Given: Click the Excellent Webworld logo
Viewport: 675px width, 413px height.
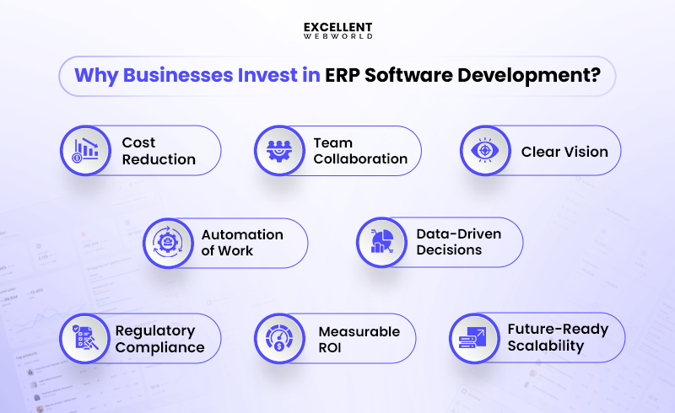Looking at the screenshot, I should [x=337, y=30].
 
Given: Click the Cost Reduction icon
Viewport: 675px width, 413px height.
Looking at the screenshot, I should [x=86, y=151].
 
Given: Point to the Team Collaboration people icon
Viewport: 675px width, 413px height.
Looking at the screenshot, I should [x=280, y=151].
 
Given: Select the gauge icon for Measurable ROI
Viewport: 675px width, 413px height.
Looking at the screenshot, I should [x=280, y=339].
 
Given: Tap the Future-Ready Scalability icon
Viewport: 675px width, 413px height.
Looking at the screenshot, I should [x=473, y=338].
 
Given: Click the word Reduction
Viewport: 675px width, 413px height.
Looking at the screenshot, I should [x=159, y=159].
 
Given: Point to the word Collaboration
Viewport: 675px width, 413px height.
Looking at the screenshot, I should [x=360, y=158].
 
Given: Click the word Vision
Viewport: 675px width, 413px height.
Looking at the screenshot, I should [x=586, y=152].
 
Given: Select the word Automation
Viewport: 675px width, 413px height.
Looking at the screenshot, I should [x=241, y=234].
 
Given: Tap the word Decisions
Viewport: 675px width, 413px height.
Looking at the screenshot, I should [x=449, y=250].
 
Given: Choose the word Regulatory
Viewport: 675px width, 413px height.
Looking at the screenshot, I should [x=155, y=330].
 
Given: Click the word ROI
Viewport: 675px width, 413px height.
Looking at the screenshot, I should [x=331, y=347].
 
